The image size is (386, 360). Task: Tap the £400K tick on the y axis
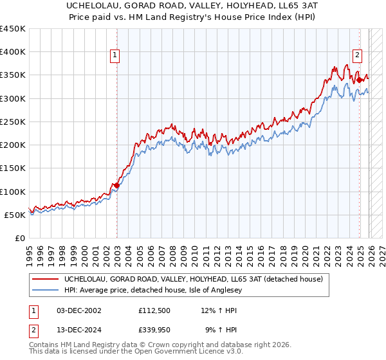tap(13, 52)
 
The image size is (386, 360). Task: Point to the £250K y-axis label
tap(13, 122)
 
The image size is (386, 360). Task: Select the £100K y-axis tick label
tap(13, 192)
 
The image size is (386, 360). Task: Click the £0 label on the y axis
tap(21, 238)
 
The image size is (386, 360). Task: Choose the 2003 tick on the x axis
tap(117, 254)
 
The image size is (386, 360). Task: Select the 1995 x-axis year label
tap(29, 254)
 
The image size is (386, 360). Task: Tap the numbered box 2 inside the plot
tap(357, 56)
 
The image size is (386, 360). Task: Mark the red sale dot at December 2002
tap(116, 186)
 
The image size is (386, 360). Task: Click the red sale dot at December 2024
tap(359, 80)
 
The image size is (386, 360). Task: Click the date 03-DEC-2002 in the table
tap(79, 310)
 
